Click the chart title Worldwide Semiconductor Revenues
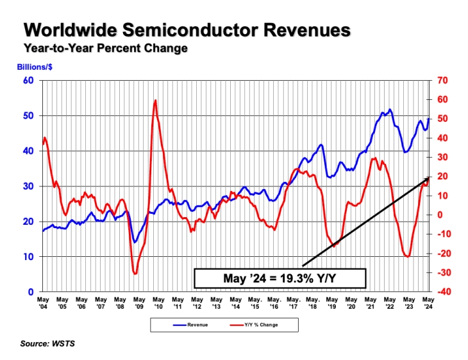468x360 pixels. click(x=187, y=30)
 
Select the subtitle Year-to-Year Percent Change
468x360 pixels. click(x=105, y=49)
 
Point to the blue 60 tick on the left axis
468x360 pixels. click(x=28, y=80)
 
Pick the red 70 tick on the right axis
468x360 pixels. click(x=443, y=80)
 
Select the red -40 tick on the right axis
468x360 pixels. click(x=442, y=292)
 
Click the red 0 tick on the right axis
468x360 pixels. click(x=440, y=215)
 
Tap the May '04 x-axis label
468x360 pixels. click(x=43, y=303)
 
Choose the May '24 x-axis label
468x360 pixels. click(x=428, y=303)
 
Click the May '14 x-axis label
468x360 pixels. click(x=235, y=303)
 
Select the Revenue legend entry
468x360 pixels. click(x=188, y=325)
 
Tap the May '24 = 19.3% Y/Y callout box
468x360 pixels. click(x=280, y=277)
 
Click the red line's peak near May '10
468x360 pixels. click(x=156, y=100)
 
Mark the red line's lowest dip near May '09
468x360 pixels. click(x=135, y=274)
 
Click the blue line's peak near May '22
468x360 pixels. click(x=390, y=110)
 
